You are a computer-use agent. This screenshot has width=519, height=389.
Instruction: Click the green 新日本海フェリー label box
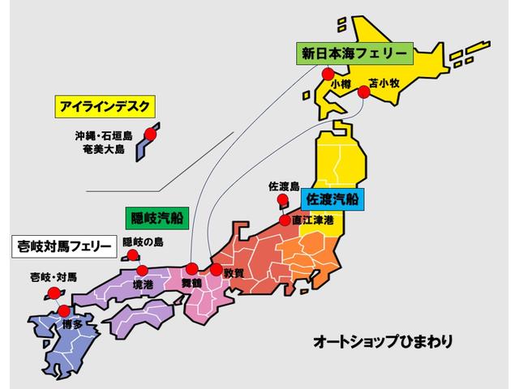[x=355, y=54]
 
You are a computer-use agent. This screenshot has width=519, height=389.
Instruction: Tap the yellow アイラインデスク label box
[x=105, y=106]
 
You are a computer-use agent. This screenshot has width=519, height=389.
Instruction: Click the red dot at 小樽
[x=328, y=74]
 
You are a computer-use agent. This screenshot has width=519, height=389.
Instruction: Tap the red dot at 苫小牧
[x=364, y=92]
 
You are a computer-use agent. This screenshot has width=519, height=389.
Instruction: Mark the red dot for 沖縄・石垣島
[x=149, y=135]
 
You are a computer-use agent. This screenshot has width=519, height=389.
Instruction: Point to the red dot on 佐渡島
[x=281, y=199]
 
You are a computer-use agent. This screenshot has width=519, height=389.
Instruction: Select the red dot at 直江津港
[x=285, y=220]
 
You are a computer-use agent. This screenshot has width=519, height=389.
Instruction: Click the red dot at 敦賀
[x=217, y=269]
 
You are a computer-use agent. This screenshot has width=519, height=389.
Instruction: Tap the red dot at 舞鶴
[x=191, y=269]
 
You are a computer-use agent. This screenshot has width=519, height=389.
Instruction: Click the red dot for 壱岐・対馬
[x=53, y=293]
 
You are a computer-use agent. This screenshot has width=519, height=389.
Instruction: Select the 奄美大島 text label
[x=103, y=149]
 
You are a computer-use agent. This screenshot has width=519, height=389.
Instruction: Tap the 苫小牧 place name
[x=384, y=83]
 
